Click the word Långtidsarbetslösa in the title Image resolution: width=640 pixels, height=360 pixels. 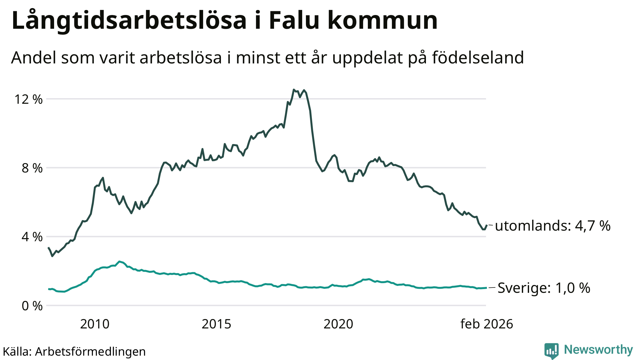(x=129, y=21)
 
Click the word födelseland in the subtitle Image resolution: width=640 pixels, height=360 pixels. (x=478, y=57)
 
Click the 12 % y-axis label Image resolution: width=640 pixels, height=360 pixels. (x=28, y=99)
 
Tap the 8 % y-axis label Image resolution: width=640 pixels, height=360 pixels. (x=32, y=168)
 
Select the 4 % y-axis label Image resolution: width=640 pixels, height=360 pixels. (x=32, y=237)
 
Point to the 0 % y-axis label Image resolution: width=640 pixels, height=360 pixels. (x=32, y=306)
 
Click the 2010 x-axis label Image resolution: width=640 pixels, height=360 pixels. (x=95, y=324)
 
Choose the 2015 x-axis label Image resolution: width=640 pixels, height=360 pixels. (x=216, y=324)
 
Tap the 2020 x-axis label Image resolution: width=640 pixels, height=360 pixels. (x=338, y=324)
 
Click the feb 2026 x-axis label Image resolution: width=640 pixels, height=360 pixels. (x=487, y=324)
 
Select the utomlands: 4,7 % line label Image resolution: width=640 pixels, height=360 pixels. (x=552, y=226)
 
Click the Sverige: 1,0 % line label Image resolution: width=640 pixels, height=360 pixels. (x=544, y=288)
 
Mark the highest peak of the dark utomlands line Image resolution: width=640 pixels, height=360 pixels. (x=294, y=90)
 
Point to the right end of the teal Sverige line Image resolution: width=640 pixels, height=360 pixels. (x=486, y=287)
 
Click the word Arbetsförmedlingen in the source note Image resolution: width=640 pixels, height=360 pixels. (x=90, y=352)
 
